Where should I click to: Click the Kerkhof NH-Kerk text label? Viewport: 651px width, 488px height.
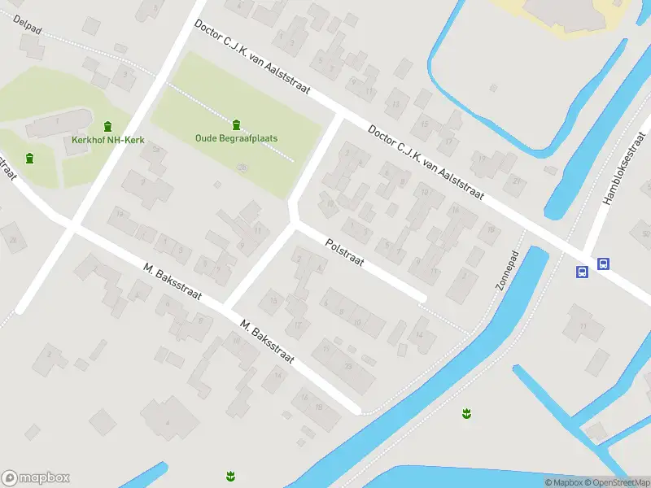coord(108,141)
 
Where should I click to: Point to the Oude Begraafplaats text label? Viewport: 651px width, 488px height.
coord(236,138)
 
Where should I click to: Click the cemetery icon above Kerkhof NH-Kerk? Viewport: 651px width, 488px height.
coord(108,125)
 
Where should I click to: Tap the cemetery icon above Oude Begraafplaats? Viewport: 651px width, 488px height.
coord(236,124)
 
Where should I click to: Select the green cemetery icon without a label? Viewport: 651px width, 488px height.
coord(30,158)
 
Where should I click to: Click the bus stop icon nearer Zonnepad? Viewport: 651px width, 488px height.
coord(583,272)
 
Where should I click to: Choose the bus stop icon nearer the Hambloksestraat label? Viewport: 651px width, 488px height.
coord(603,264)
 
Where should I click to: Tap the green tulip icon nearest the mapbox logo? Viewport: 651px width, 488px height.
coord(230,475)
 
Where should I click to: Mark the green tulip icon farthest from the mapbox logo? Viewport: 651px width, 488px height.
coord(466,413)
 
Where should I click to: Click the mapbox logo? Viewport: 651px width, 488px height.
coord(36,478)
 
